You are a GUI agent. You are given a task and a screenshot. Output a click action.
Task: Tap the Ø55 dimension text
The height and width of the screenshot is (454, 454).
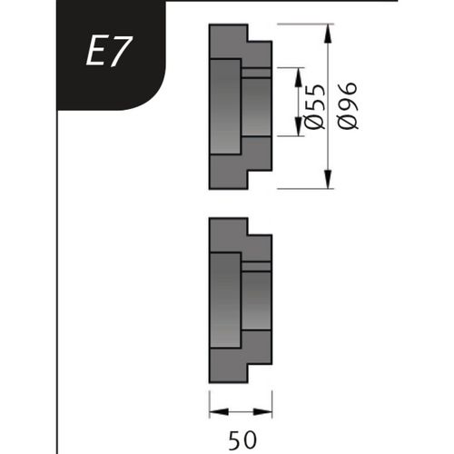[x=316, y=107]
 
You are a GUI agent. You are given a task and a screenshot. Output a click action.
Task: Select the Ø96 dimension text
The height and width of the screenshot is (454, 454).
[x=349, y=105]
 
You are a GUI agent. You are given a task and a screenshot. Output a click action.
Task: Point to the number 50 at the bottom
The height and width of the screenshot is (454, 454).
[x=240, y=440]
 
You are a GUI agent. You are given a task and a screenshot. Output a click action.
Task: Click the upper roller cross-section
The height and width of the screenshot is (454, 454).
[x=238, y=106]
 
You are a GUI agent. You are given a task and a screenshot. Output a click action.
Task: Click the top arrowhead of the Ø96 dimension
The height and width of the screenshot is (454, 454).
[x=328, y=31]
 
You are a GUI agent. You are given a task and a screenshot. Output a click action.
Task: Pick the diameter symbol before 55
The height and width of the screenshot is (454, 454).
[x=316, y=123]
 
